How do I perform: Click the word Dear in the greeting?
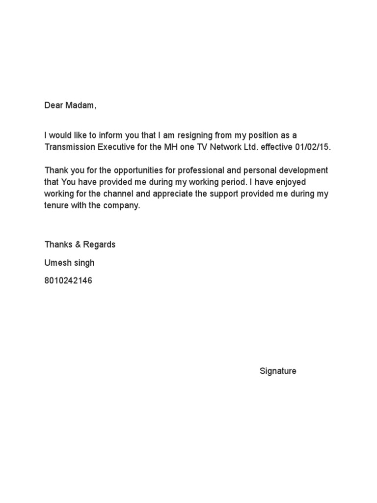tap(54, 106)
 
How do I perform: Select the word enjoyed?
tap(290, 182)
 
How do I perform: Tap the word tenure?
tap(56, 206)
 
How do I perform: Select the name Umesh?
tap(57, 263)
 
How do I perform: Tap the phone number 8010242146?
tap(68, 281)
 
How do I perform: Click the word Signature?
tap(278, 371)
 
